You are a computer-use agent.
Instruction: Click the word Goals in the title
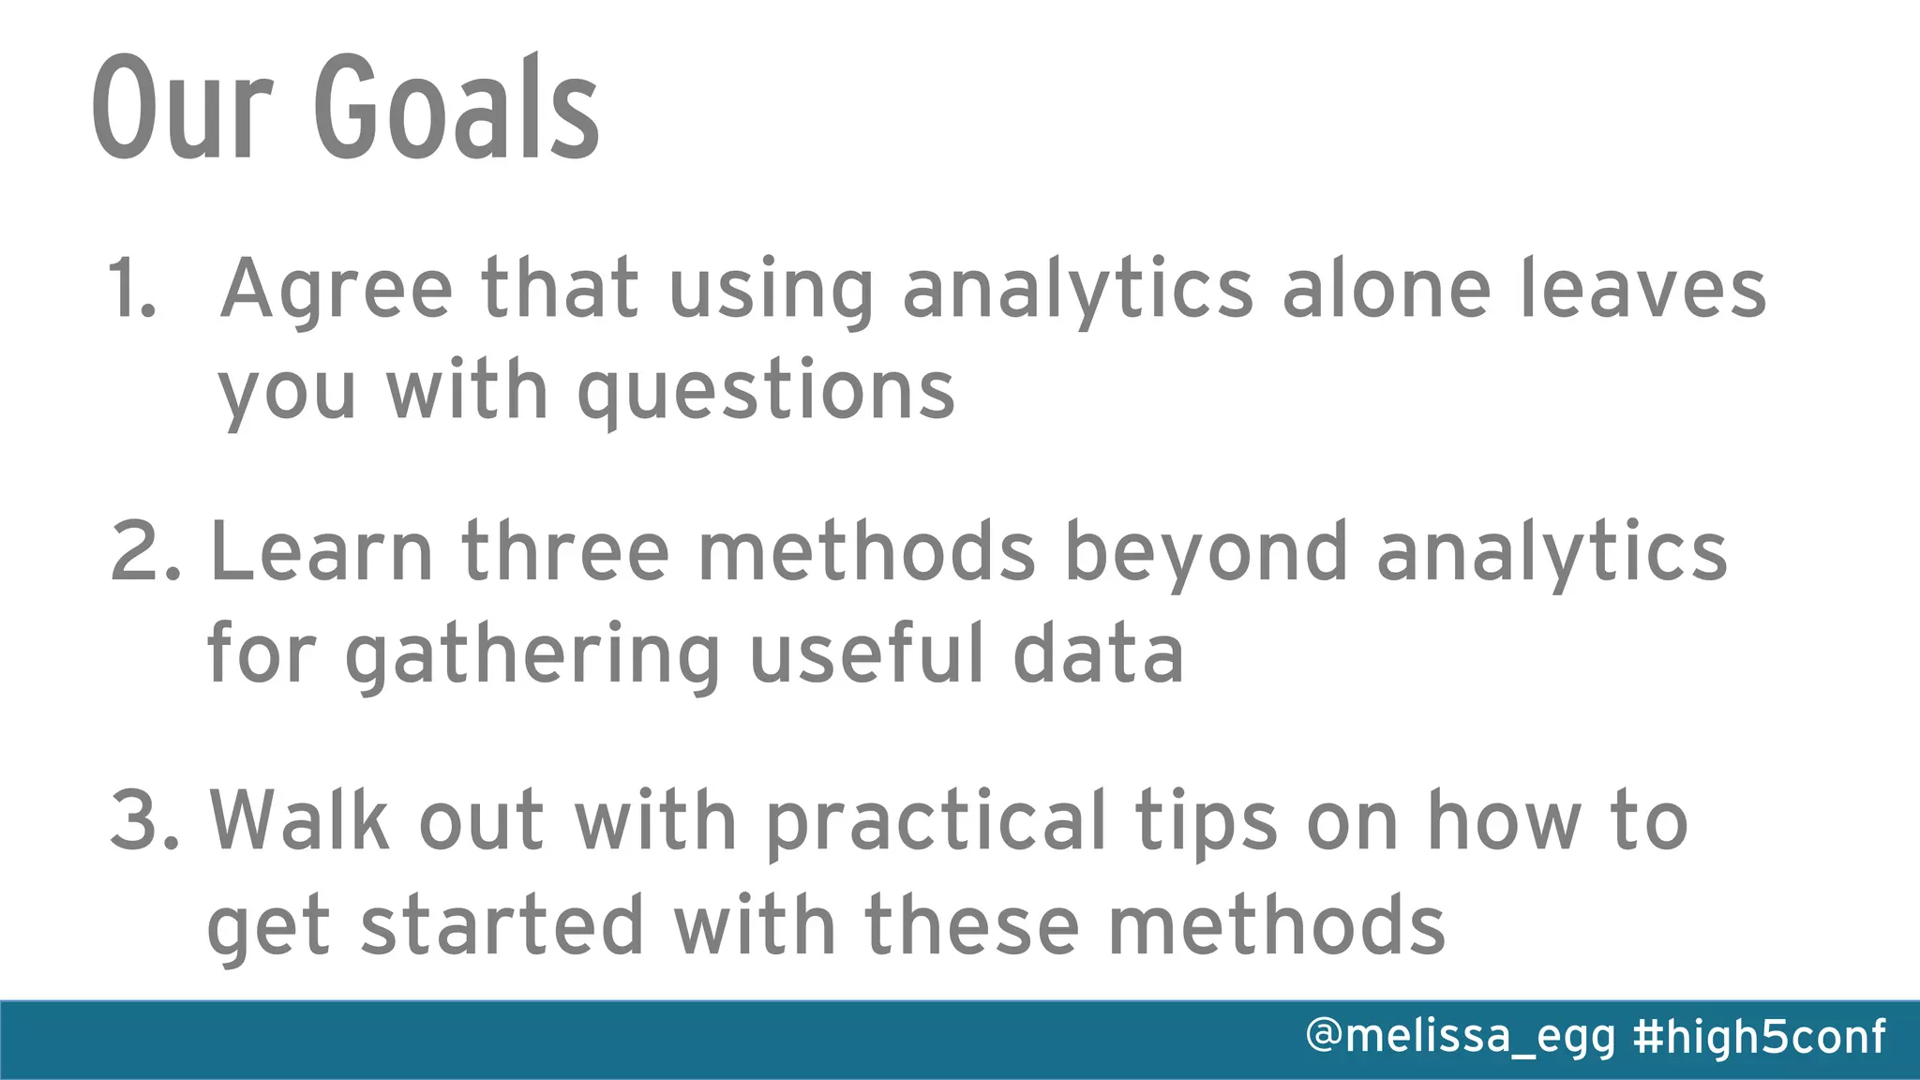pyautogui.click(x=457, y=108)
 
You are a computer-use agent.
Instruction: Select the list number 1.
pyautogui.click(x=130, y=289)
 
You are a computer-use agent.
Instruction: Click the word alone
pyautogui.click(x=1386, y=289)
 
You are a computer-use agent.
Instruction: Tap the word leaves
pyautogui.click(x=1642, y=289)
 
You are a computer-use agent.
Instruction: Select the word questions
pyautogui.click(x=766, y=392)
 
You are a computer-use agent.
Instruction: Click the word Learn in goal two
pyautogui.click(x=322, y=553)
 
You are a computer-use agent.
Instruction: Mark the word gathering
pyautogui.click(x=532, y=656)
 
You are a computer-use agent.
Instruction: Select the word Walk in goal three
pyautogui.click(x=299, y=821)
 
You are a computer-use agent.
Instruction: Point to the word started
pyautogui.click(x=502, y=926)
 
